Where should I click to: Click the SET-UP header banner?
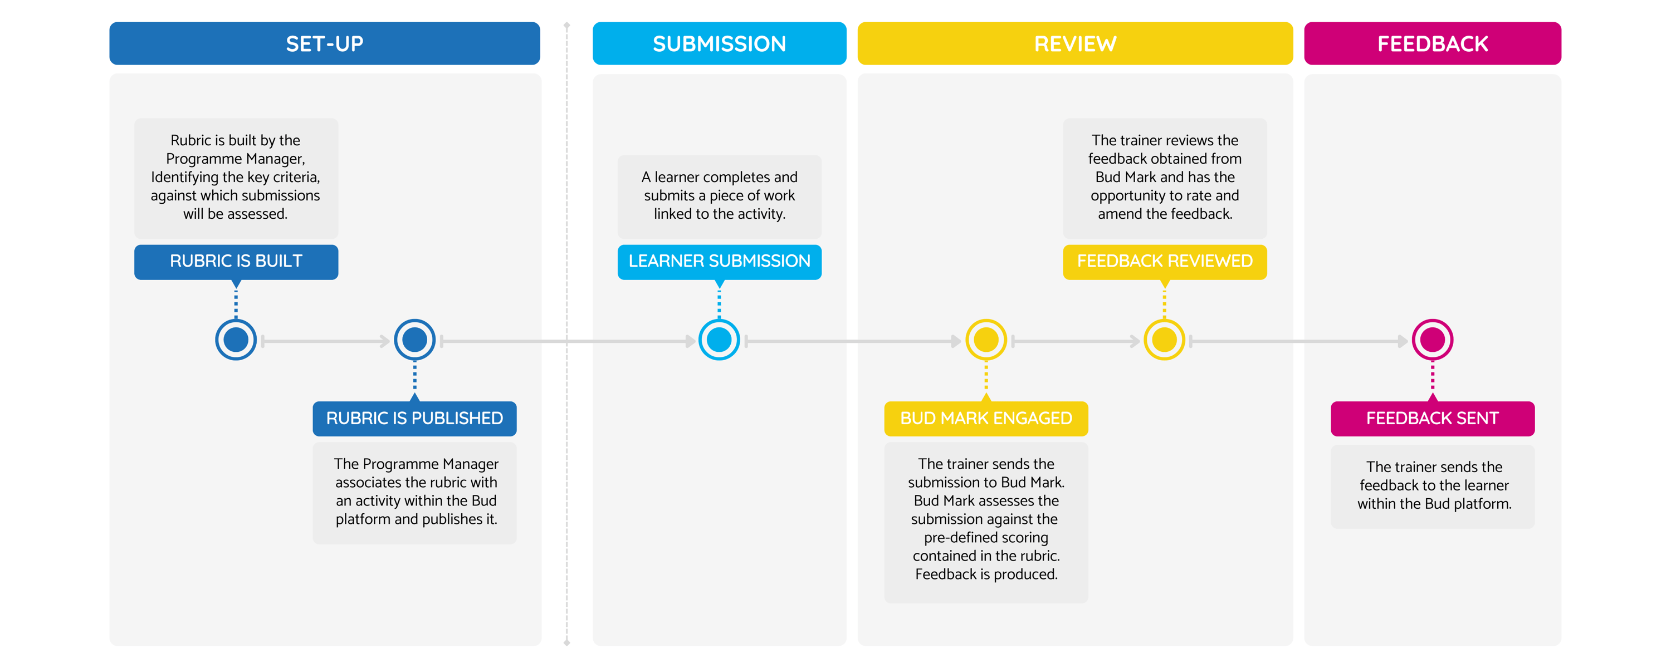click(324, 43)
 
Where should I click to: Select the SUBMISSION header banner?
click(719, 43)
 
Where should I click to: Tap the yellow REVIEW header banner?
click(1075, 43)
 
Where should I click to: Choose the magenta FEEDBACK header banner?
click(1432, 43)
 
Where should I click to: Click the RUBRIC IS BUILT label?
click(236, 262)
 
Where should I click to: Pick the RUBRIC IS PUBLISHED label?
click(414, 418)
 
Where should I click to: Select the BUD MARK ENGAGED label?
click(986, 418)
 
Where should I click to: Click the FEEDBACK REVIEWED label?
click(1164, 262)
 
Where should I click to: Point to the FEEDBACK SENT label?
click(1432, 418)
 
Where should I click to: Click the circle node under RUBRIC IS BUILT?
click(236, 340)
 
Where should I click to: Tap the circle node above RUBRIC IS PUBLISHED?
click(414, 340)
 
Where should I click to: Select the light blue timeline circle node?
click(719, 340)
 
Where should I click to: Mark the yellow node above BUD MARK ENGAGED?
click(986, 340)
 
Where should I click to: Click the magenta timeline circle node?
click(1432, 340)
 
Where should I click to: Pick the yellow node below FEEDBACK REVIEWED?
click(1164, 340)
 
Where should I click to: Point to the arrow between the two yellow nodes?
click(1076, 341)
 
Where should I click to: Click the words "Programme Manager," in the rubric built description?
click(236, 159)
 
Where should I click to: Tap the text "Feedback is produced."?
click(986, 574)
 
